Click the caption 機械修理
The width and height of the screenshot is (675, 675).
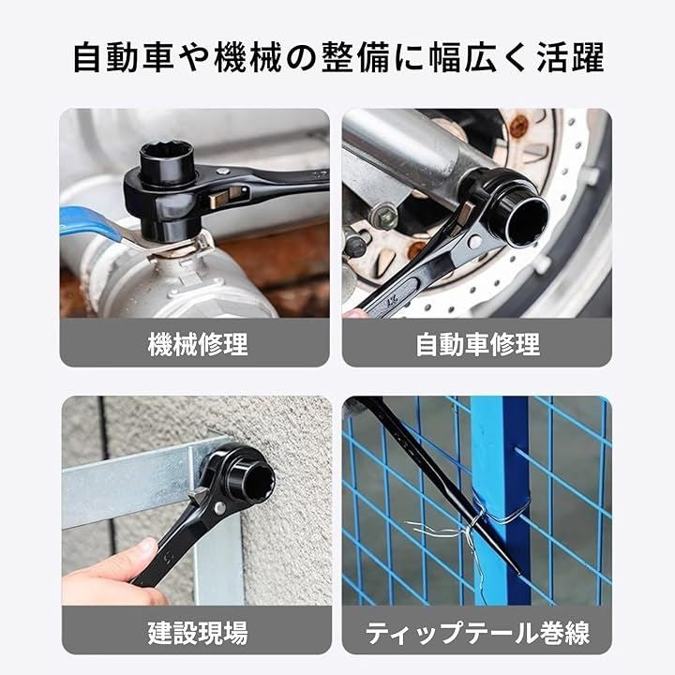click(198, 344)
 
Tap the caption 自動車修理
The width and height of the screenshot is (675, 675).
click(478, 344)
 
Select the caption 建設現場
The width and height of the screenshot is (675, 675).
click(198, 632)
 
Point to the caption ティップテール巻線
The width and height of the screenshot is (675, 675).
click(477, 633)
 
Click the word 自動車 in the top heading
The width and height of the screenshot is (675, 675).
click(124, 57)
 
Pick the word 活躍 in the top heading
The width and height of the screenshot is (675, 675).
click(570, 57)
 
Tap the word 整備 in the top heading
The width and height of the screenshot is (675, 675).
click(355, 57)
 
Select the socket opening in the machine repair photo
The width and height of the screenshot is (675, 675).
click(167, 157)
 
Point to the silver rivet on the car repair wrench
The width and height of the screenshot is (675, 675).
click(474, 242)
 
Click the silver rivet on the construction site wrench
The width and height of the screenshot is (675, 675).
click(219, 508)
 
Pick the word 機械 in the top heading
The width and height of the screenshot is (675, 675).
click(247, 57)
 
